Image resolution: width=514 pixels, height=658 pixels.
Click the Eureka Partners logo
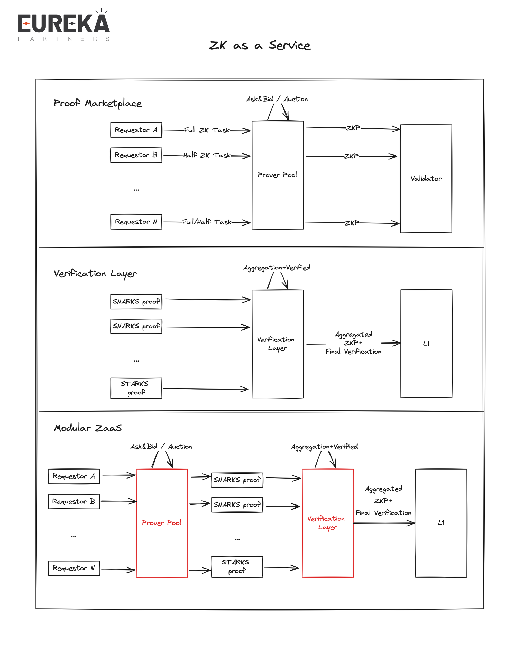click(63, 26)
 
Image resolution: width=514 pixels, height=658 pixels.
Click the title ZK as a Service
click(260, 46)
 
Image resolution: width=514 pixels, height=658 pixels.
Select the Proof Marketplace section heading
click(98, 103)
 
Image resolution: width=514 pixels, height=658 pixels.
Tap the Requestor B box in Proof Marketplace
click(136, 155)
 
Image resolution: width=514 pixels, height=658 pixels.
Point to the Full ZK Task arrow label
click(207, 130)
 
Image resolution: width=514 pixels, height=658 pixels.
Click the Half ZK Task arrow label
click(207, 156)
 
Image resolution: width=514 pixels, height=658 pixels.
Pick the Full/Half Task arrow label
click(207, 222)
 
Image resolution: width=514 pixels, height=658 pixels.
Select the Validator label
click(426, 179)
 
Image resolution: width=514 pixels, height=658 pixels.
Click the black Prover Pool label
click(277, 175)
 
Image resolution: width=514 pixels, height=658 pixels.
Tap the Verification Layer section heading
click(95, 274)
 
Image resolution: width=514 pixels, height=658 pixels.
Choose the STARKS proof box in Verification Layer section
click(136, 388)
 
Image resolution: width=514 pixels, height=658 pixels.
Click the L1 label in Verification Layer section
click(426, 344)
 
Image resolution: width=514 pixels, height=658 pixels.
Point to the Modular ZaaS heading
click(88, 428)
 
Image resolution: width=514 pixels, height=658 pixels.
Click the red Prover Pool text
click(161, 523)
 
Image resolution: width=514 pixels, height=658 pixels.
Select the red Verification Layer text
click(326, 523)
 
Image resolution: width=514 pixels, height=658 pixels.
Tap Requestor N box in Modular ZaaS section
click(74, 568)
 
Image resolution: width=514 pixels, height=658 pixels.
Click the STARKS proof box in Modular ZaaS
click(237, 566)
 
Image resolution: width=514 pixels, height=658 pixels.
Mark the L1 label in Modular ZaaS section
click(441, 523)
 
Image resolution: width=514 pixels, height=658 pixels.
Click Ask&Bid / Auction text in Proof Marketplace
click(277, 99)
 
